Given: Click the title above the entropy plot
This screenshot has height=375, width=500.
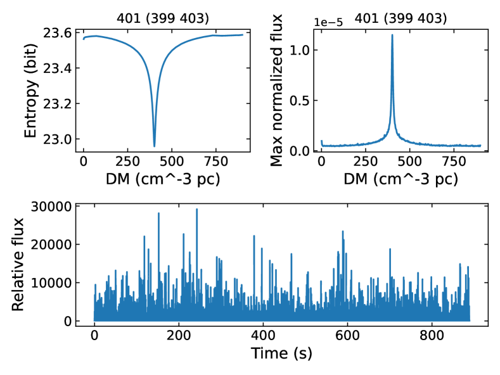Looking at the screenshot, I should [162, 18].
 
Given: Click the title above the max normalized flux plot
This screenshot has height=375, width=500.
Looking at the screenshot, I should [401, 18].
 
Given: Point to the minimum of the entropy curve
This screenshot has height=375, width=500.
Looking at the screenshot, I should [154, 146].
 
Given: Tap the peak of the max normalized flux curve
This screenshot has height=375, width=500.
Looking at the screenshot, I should [392, 35].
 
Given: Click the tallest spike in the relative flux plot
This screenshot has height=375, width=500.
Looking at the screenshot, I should [197, 209].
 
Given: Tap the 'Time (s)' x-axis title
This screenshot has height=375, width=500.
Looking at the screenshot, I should [281, 353].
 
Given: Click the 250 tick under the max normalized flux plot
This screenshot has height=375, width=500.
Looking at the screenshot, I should [366, 162].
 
